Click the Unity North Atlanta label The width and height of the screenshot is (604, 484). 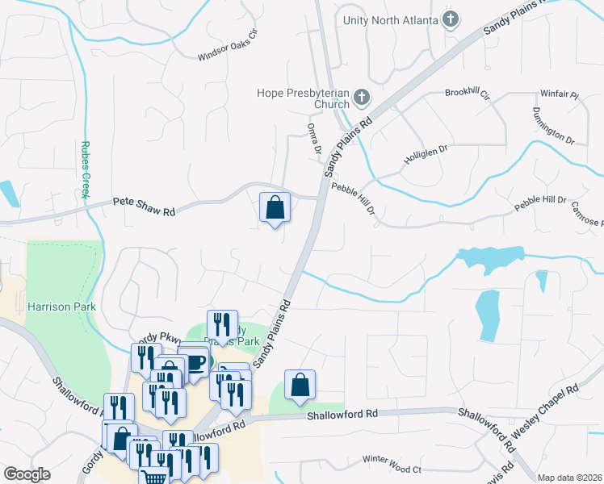pyautogui.click(x=390, y=19)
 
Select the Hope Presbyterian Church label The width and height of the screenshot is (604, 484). pyautogui.click(x=303, y=98)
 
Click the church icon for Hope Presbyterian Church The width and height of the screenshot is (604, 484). pyautogui.click(x=361, y=98)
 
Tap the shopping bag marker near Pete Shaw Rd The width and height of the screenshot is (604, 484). pyautogui.click(x=275, y=207)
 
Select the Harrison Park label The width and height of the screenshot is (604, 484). pyautogui.click(x=61, y=307)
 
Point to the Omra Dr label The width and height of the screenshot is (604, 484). pyautogui.click(x=313, y=139)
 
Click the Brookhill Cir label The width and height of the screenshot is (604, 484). pyautogui.click(x=468, y=94)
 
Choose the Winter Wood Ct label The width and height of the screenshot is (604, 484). pyautogui.click(x=392, y=464)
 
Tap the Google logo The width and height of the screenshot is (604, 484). pyautogui.click(x=27, y=474)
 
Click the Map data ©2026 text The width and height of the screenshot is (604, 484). pyautogui.click(x=570, y=478)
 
